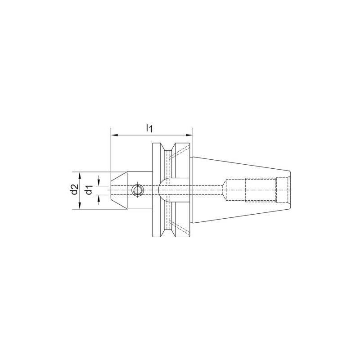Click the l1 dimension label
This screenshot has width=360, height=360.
(150, 128)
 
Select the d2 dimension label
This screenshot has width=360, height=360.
(74, 190)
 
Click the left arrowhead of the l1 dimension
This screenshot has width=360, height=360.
(114, 134)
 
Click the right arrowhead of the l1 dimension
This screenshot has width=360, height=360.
(189, 134)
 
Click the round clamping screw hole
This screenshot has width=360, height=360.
(137, 190)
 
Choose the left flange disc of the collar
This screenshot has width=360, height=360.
(157, 190)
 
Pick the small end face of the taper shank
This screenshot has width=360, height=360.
(290, 190)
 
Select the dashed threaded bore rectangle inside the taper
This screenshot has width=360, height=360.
(261, 190)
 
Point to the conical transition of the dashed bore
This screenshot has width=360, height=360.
(223, 190)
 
